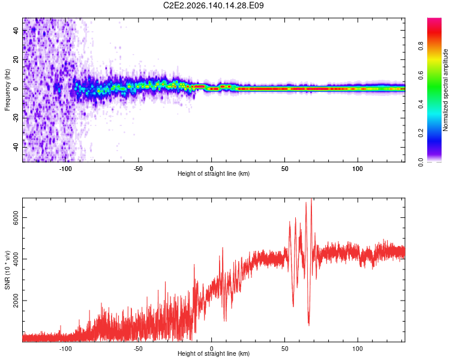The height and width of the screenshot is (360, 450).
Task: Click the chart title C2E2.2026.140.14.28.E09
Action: (213, 5)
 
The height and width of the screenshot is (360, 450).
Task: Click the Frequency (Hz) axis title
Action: (7, 90)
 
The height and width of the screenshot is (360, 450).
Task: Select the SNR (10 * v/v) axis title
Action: (7, 270)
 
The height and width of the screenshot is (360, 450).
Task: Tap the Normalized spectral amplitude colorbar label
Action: (445, 90)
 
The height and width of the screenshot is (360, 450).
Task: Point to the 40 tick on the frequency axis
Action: (16, 30)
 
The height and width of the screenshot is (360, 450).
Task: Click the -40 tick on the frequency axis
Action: (16, 147)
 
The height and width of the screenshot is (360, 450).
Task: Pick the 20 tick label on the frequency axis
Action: (16, 59)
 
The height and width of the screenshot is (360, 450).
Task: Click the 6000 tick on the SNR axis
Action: (16, 218)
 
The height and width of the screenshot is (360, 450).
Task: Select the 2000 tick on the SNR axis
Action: (16, 300)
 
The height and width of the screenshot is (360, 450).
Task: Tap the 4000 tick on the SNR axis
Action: (16, 259)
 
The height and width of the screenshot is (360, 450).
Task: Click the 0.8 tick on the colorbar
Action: (421, 46)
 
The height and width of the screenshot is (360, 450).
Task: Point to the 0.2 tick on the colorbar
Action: (421, 133)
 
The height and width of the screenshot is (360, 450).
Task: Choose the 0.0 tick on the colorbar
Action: (421, 162)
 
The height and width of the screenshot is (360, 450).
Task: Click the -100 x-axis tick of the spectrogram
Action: (65, 169)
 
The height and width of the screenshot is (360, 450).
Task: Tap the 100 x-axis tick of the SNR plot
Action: (358, 349)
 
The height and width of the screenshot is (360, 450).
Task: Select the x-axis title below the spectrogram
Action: (214, 173)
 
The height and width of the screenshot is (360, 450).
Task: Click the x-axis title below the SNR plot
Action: (214, 353)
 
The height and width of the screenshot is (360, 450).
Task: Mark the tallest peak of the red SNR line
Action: (311, 199)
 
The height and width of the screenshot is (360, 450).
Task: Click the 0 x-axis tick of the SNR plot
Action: (212, 349)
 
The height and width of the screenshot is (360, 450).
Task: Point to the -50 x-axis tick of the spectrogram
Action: (138, 169)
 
